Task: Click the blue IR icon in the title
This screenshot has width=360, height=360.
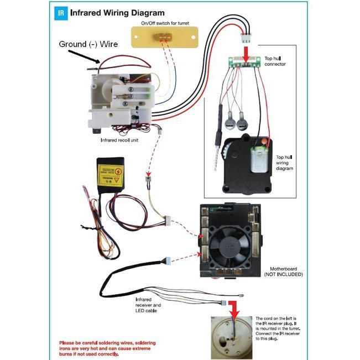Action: coord(62,12)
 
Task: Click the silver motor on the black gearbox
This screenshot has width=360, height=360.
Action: coord(257,160)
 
